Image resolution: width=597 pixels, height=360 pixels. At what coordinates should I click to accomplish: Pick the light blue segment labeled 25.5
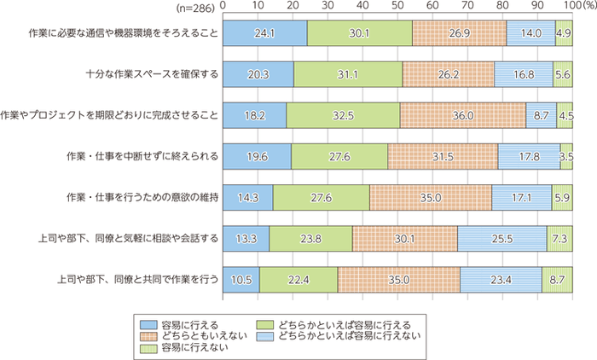(502, 238)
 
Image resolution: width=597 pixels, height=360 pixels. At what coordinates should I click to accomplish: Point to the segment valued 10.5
(241, 279)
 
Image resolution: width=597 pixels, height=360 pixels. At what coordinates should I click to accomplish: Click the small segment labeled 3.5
(566, 156)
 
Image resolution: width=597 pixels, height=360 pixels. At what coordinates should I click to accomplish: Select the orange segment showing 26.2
(448, 74)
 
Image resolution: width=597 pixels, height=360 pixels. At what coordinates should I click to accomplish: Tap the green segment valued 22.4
(298, 279)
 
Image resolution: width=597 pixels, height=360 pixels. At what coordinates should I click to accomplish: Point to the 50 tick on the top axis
(398, 7)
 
